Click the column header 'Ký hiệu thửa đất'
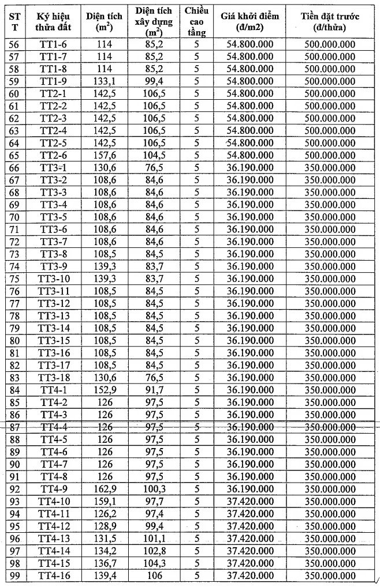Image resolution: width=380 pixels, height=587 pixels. tap(54, 22)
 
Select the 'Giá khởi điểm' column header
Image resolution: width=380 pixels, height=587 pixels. tap(249, 22)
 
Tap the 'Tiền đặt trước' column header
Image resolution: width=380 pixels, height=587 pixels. tap(330, 22)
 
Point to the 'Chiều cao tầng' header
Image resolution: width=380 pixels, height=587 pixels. tap(196, 22)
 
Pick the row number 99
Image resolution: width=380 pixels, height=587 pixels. tap(14, 575)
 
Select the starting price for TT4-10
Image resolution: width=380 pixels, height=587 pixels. tap(249, 502)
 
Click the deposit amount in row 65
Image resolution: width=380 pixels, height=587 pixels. tap(330, 156)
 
